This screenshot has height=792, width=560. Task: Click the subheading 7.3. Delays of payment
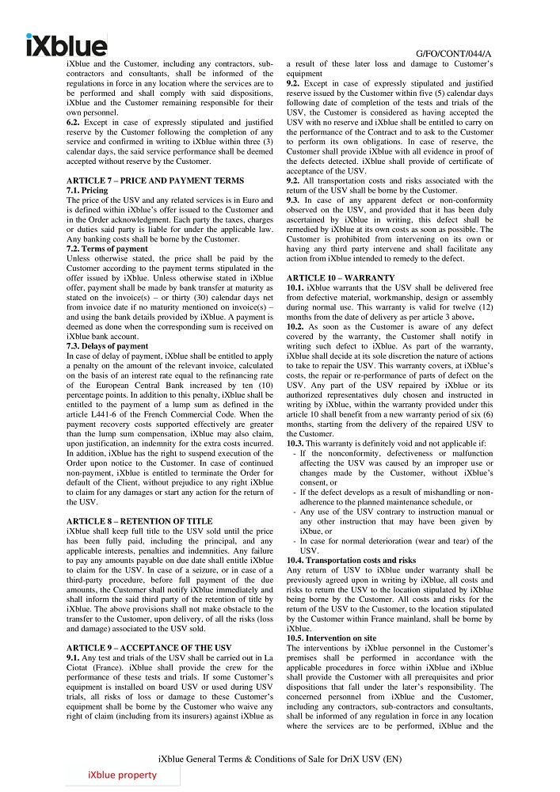[x=107, y=346]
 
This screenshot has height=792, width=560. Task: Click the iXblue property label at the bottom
[x=122, y=775]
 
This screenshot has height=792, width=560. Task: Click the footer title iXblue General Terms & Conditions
[x=280, y=758]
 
